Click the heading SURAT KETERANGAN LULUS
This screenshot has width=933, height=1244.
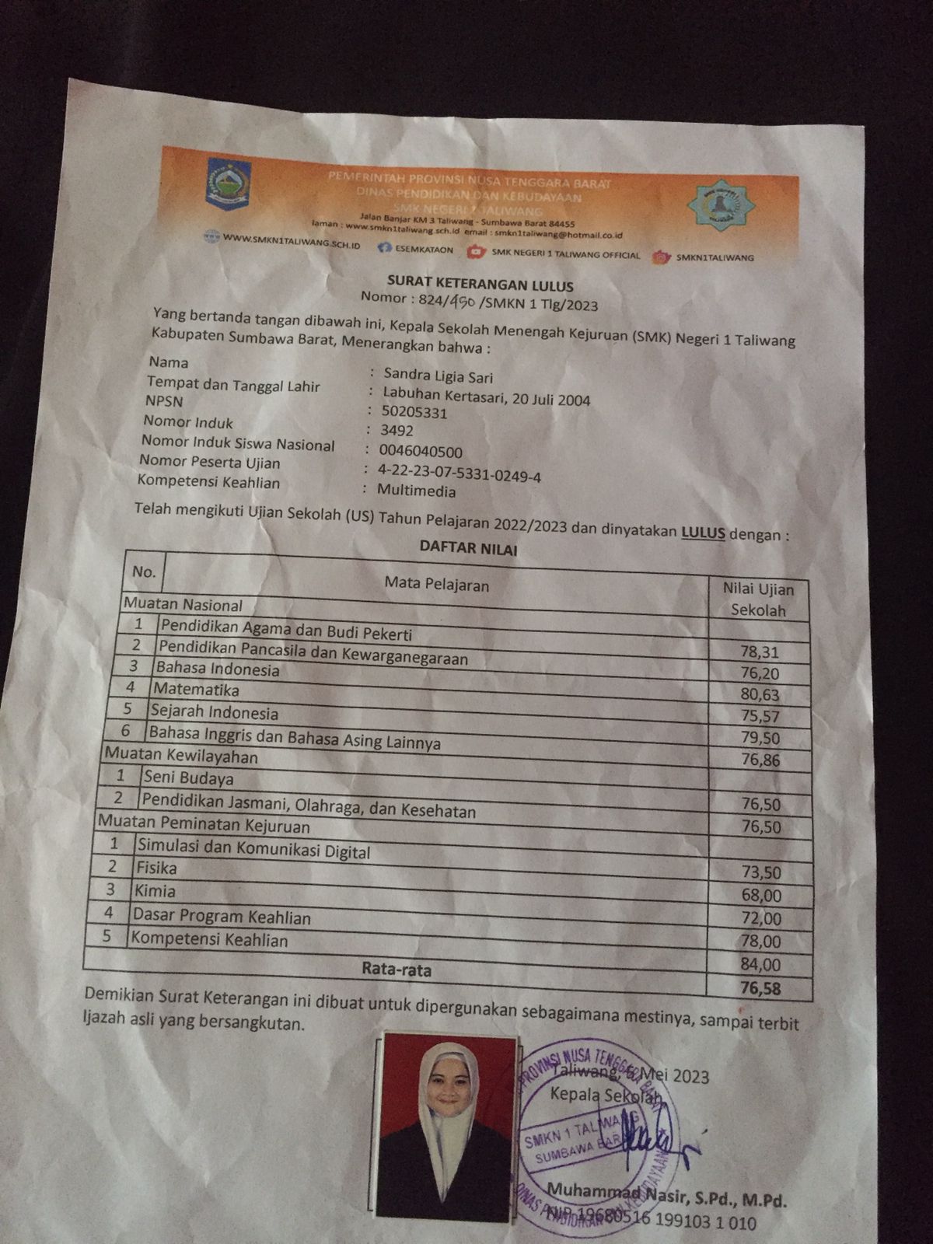(x=480, y=282)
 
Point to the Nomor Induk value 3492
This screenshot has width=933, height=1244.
(x=397, y=431)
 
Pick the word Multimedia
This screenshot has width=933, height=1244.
(x=417, y=491)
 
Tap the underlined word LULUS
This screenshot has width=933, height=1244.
(x=703, y=533)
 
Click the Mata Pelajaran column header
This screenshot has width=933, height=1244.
(x=436, y=584)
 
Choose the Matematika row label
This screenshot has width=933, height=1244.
(x=196, y=690)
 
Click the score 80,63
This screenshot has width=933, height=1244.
(x=760, y=694)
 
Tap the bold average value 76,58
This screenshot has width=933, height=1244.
(x=760, y=989)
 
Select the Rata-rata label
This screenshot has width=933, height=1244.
(x=397, y=970)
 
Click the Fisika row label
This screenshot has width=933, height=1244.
(x=157, y=868)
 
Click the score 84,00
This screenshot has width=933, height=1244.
(x=761, y=966)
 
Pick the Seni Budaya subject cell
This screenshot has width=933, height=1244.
(x=188, y=778)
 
